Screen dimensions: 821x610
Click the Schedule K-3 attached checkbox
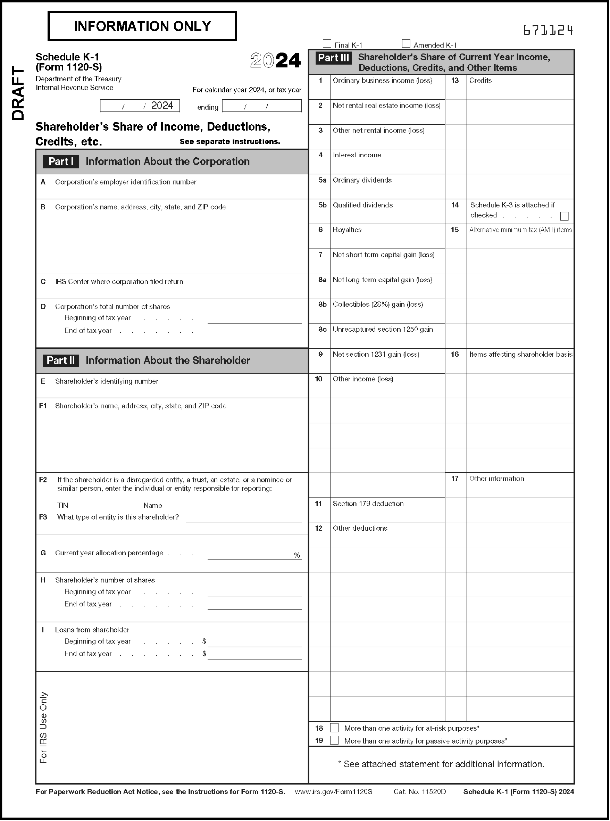click(564, 216)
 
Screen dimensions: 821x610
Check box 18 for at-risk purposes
click(334, 728)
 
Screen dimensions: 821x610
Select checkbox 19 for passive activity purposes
click(334, 740)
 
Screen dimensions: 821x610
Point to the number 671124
click(548, 30)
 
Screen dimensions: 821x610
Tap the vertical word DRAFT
click(18, 93)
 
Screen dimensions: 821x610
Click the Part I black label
click(60, 161)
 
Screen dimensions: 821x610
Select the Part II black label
click(60, 360)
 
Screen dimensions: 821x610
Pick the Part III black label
click(333, 58)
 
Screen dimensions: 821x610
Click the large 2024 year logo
click(275, 60)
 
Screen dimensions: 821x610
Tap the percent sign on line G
click(297, 555)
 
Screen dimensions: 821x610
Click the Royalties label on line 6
click(347, 230)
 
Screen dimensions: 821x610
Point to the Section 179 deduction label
click(368, 503)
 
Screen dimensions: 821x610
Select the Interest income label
click(357, 155)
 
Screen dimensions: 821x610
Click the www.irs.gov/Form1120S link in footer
click(333, 791)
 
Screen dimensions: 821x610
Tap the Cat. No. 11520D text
click(419, 791)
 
